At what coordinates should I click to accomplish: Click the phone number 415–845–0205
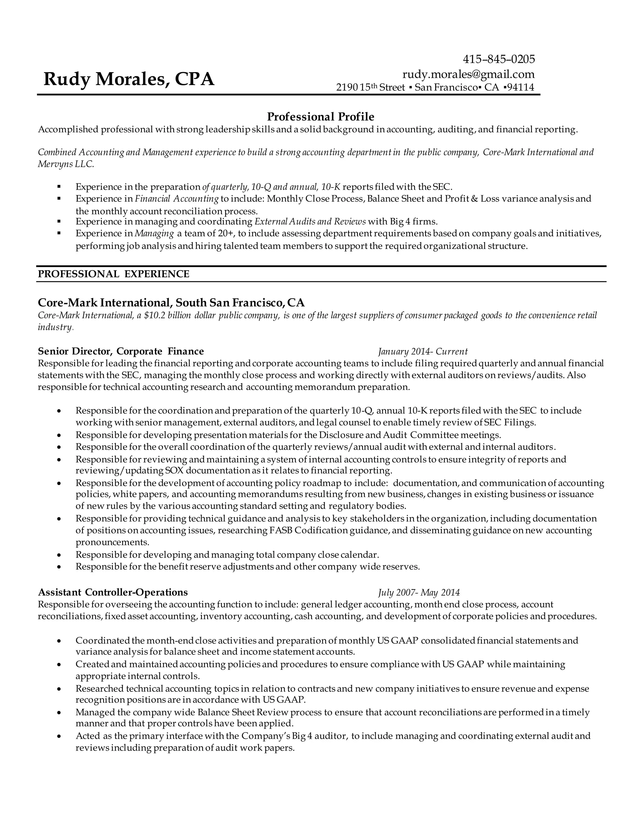(x=499, y=59)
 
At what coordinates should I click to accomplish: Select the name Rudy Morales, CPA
(x=129, y=79)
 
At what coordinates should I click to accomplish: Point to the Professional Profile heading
(x=321, y=116)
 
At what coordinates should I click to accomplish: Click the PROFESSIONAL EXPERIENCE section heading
(x=113, y=274)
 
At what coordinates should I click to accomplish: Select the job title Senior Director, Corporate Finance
(x=121, y=351)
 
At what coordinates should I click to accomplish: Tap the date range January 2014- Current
(x=423, y=352)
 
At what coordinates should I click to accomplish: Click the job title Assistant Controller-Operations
(x=113, y=592)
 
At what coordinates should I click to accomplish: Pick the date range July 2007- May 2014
(x=419, y=593)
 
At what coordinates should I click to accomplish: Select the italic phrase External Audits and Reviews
(x=310, y=221)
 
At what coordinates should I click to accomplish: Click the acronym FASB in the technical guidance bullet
(x=281, y=530)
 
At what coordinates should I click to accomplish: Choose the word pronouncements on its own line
(x=112, y=542)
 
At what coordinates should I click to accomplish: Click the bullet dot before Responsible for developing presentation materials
(x=59, y=435)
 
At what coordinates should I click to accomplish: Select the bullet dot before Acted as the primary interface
(x=59, y=737)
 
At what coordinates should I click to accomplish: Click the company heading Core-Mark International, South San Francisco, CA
(x=171, y=303)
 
